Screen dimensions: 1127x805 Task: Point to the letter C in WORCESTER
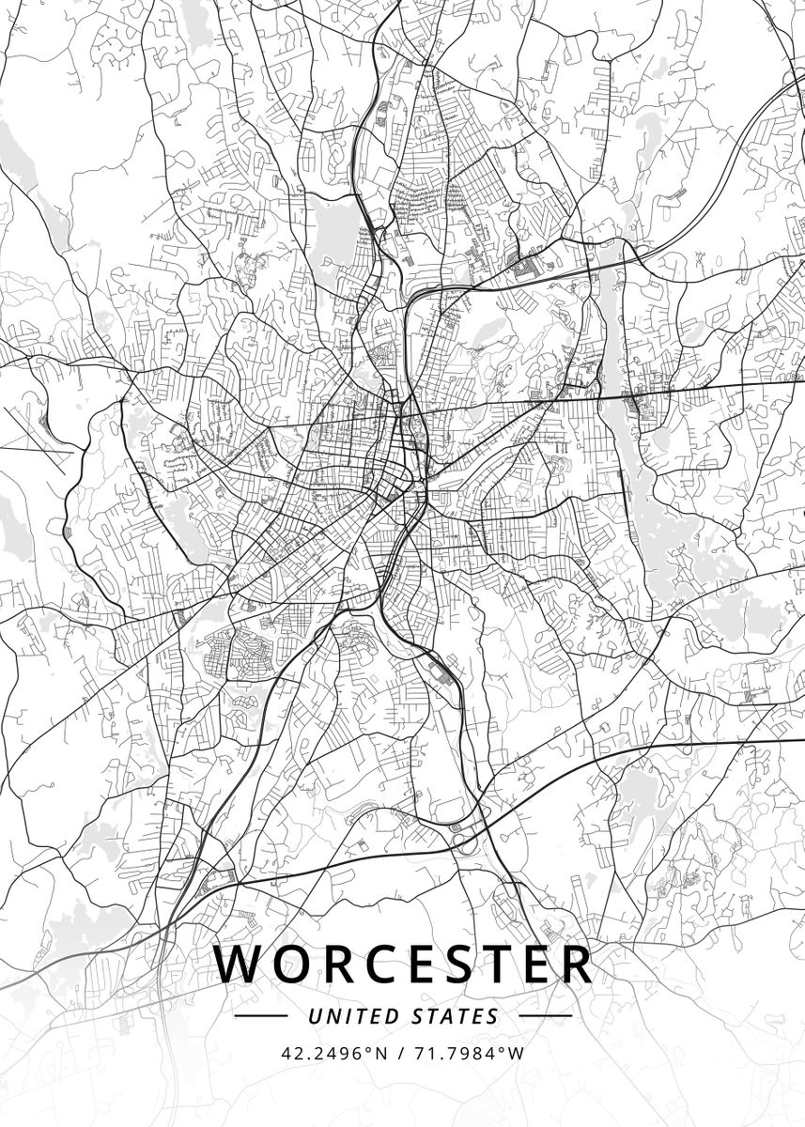(377, 964)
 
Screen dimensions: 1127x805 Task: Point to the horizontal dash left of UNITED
(260, 1016)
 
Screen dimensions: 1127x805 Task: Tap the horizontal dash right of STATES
(545, 1016)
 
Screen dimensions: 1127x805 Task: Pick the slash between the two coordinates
(401, 1053)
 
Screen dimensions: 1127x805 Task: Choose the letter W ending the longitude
(515, 1053)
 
